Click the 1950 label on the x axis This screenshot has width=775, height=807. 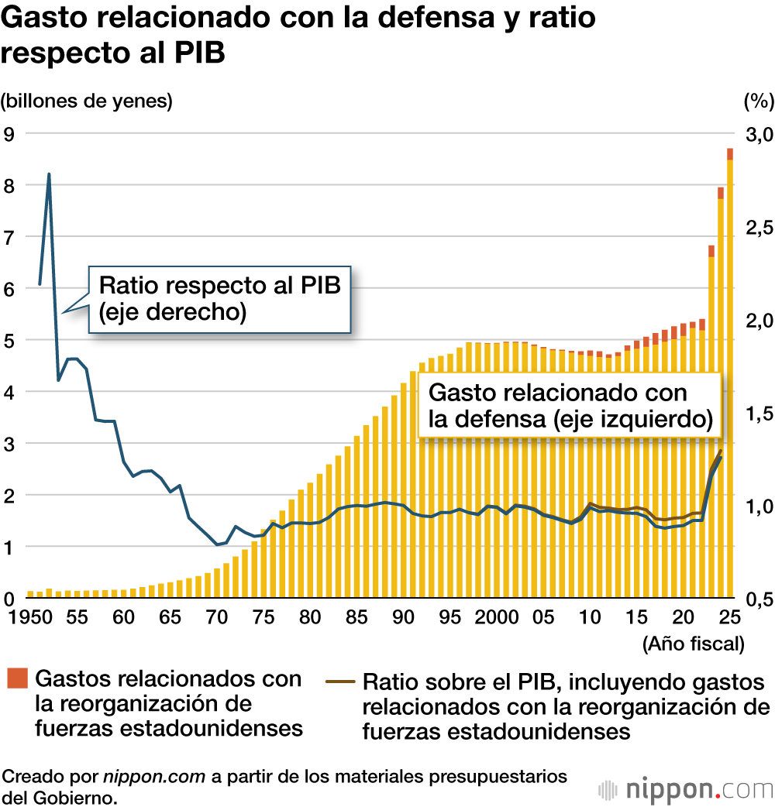pyautogui.click(x=23, y=617)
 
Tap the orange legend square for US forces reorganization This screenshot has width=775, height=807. pyautogui.click(x=18, y=678)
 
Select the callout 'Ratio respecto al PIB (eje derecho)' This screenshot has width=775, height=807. pyautogui.click(x=219, y=298)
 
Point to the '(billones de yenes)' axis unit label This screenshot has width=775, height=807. pyautogui.click(x=87, y=101)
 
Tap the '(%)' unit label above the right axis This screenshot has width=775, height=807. pyautogui.click(x=758, y=101)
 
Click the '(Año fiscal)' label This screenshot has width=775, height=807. pyautogui.click(x=693, y=643)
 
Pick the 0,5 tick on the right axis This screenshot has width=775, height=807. pyautogui.click(x=758, y=599)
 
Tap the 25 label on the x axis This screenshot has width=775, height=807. pyautogui.click(x=729, y=617)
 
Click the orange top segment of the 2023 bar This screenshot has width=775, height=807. pyautogui.click(x=711, y=251)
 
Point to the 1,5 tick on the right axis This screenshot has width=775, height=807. pyautogui.click(x=758, y=414)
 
